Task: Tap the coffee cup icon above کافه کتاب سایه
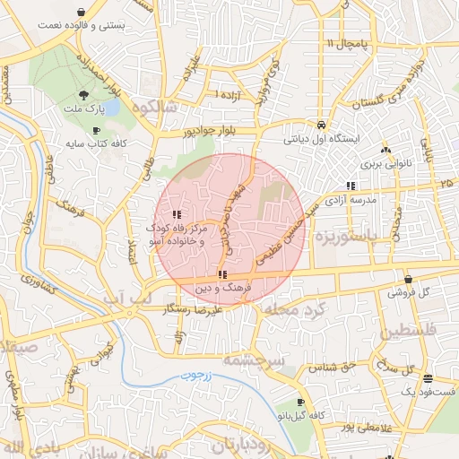[96, 130]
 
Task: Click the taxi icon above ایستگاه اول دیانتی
[321, 126]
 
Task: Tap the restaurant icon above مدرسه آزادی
[350, 186]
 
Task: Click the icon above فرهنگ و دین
[221, 273]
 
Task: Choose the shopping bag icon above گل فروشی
[409, 279]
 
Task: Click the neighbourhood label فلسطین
[412, 333]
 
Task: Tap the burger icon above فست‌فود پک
[429, 377]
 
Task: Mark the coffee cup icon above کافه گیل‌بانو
[300, 401]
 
